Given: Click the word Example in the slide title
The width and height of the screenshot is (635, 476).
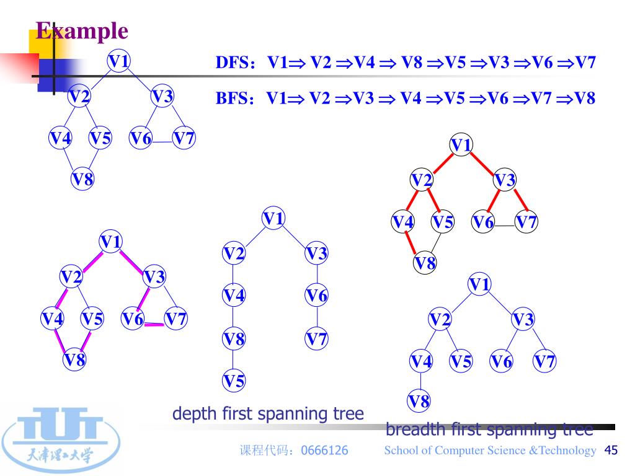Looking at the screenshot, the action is click(82, 30).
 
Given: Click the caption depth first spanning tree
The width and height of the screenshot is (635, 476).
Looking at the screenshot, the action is click(268, 413).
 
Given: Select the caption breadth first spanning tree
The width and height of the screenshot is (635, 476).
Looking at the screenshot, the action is click(489, 429).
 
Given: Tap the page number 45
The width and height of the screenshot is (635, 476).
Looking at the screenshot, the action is click(611, 451).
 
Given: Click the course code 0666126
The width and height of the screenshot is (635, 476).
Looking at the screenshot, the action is click(324, 451).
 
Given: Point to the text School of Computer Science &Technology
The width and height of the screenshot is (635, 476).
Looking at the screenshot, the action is click(490, 451).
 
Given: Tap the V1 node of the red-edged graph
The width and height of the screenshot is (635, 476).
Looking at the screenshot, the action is click(461, 146).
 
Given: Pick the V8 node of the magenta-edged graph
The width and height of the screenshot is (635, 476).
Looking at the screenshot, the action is click(74, 360).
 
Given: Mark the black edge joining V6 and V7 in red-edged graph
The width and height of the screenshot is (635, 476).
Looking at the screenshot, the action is click(505, 226).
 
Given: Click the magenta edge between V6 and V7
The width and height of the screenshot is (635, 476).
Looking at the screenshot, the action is click(154, 324).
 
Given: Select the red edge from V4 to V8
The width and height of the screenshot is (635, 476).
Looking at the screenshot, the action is click(410, 242).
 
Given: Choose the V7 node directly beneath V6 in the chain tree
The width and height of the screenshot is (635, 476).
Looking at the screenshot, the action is click(317, 340).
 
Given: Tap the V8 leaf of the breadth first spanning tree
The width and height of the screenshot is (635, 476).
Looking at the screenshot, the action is click(419, 402).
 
